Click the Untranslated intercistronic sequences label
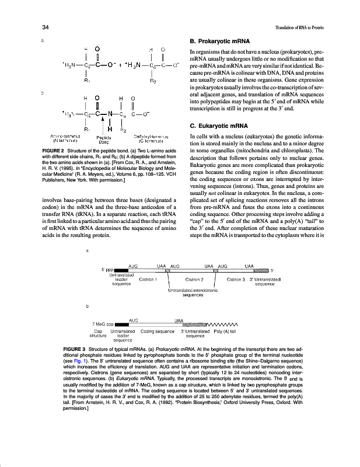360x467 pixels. (192, 292)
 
